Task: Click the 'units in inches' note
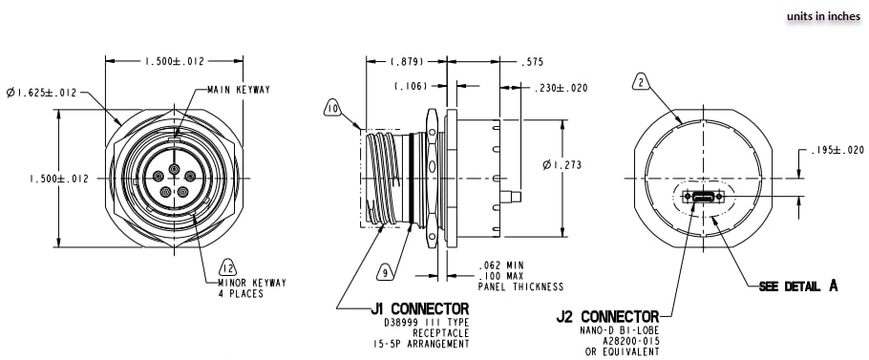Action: pyautogui.click(x=823, y=16)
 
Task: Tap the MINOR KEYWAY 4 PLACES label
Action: pyautogui.click(x=239, y=288)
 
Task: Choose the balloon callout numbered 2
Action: pyautogui.click(x=642, y=83)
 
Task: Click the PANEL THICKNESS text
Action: pyautogui.click(x=520, y=286)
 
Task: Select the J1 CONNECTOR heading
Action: pyautogui.click(x=420, y=308)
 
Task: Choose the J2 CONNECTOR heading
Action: pyautogui.click(x=607, y=316)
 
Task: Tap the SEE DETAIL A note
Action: pyautogui.click(x=797, y=286)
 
